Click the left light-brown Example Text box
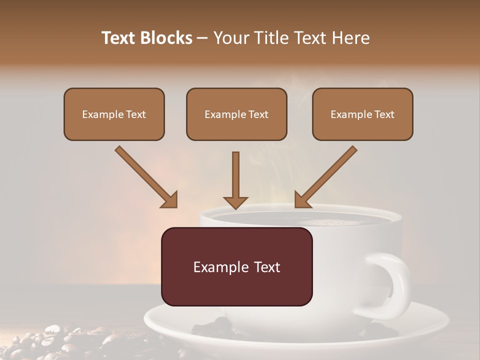[114, 114]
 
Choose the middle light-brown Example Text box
[236, 114]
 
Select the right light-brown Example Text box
[362, 114]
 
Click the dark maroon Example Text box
[236, 267]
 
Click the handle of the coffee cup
[395, 285]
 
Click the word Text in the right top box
[384, 114]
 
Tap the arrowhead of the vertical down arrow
[235, 202]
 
